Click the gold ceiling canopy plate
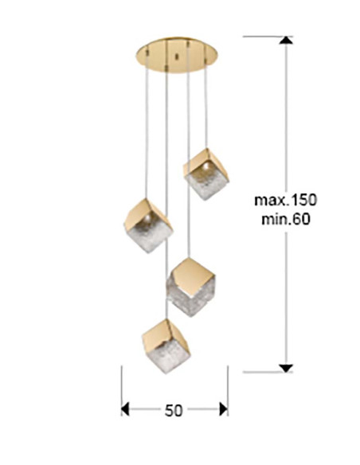pyautogui.click(x=177, y=55)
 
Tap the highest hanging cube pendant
pyautogui.click(x=205, y=174)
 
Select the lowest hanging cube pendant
pyautogui.click(x=166, y=346)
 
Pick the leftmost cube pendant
pyautogui.click(x=148, y=225)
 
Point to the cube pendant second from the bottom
pyautogui.click(x=190, y=287)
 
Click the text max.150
pyautogui.click(x=286, y=200)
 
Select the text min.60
pyautogui.click(x=286, y=220)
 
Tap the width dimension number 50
pyautogui.click(x=174, y=411)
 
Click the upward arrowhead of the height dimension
pyautogui.click(x=286, y=41)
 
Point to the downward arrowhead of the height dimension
pyautogui.click(x=286, y=368)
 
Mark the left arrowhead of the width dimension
pyautogui.click(x=125, y=409)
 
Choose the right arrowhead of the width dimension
pyautogui.click(x=224, y=409)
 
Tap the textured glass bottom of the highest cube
pyautogui.click(x=207, y=186)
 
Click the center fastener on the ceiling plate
pyautogui.click(x=177, y=56)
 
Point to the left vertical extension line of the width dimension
pyautogui.click(x=122, y=391)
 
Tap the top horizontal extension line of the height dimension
pyautogui.click(x=268, y=37)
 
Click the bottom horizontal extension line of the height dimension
pyautogui.click(x=268, y=372)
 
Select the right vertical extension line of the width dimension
pyautogui.click(x=228, y=391)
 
